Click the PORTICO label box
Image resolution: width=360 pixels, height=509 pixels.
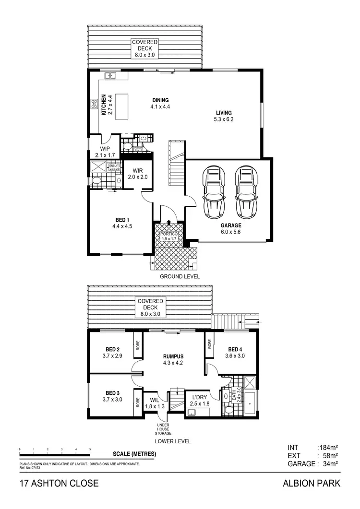(x=168, y=235)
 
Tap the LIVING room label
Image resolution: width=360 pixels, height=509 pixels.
(x=224, y=113)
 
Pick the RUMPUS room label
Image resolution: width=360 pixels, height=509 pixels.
(x=174, y=356)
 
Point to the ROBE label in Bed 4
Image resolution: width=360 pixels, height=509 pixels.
(x=210, y=344)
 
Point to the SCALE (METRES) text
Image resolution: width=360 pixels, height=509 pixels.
(x=134, y=454)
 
